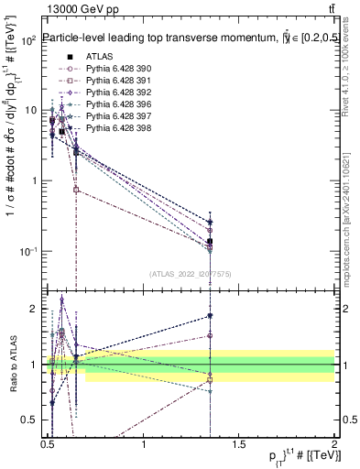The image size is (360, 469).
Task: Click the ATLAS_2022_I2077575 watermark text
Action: pos(191,273)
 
